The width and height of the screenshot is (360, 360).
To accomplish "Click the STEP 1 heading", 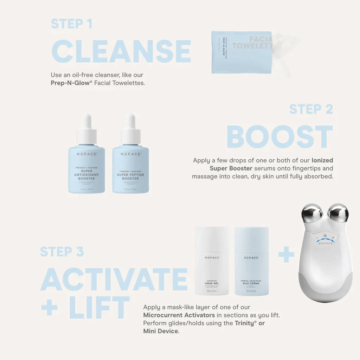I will (x=71, y=24).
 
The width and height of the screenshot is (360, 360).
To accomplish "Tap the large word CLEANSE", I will (x=121, y=52).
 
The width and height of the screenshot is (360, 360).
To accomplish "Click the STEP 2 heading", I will (x=311, y=109).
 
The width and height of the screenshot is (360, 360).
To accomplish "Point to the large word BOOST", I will (x=279, y=137).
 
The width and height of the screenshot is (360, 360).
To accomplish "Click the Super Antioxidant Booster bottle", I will (x=86, y=169).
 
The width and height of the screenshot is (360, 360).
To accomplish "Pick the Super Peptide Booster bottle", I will (x=130, y=169).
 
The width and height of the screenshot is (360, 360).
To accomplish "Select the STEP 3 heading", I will (x=62, y=252).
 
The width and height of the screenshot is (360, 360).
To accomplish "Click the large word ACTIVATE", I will (x=114, y=279).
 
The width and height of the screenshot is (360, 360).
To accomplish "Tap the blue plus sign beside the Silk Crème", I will (x=286, y=254).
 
